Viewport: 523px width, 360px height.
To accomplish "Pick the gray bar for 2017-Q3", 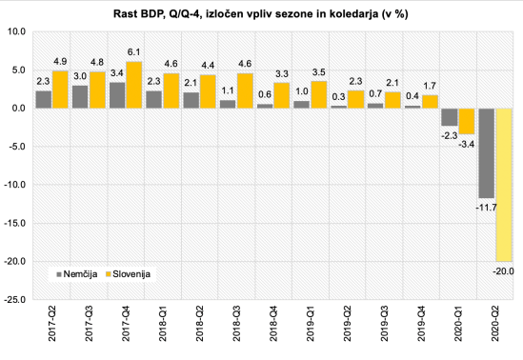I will pyautogui.click(x=80, y=96).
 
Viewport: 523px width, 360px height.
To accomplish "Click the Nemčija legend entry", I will pyautogui.click(x=74, y=273).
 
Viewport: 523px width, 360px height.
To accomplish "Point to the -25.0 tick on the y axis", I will pyautogui.click(x=13, y=299).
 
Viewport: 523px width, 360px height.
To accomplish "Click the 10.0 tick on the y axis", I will pyautogui.click(x=15, y=31).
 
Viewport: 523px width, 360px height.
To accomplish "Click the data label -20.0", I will pyautogui.click(x=503, y=271).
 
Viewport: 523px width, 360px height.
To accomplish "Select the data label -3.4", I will pyautogui.click(x=466, y=143).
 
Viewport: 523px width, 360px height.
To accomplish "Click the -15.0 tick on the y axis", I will pyautogui.click(x=13, y=223).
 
